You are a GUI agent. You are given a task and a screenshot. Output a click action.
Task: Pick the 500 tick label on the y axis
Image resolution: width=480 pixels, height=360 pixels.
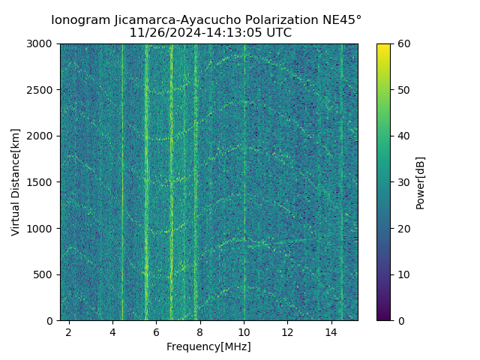click(x=46, y=274)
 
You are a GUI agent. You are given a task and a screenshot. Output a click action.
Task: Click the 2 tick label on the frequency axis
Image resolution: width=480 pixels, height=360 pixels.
click(x=69, y=331)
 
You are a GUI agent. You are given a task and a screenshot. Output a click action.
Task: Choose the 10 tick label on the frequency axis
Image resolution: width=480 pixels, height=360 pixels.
click(x=244, y=331)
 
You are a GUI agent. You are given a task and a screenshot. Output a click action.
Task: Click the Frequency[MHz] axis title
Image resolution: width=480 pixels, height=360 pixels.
click(x=208, y=346)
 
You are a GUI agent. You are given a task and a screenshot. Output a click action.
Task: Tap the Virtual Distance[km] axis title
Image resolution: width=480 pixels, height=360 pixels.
click(x=16, y=182)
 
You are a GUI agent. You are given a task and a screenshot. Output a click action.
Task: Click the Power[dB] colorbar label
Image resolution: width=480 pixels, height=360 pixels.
click(x=420, y=182)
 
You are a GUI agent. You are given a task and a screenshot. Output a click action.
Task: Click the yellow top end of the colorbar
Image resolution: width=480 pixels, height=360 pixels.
click(x=383, y=46)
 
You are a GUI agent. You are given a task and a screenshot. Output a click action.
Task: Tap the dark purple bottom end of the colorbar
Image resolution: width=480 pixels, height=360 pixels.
click(x=383, y=318)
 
